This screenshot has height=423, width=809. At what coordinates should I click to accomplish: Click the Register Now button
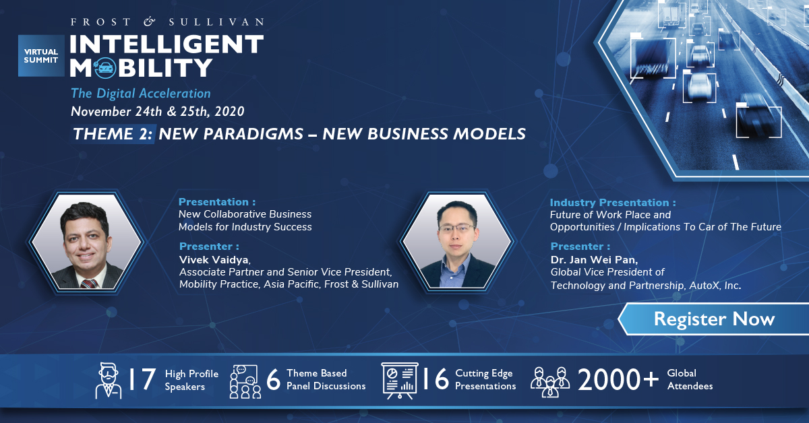coord(714,319)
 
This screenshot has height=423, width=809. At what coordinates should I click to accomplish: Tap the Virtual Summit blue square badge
coord(41,56)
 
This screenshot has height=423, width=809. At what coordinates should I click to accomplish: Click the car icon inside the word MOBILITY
coord(105,68)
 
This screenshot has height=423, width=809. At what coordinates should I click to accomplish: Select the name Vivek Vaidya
coord(214,259)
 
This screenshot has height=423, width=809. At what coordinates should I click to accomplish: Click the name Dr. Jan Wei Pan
coord(594,260)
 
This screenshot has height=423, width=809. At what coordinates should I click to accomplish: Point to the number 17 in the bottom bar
coord(142,379)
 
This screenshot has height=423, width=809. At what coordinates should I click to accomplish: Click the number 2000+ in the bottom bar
coord(618,380)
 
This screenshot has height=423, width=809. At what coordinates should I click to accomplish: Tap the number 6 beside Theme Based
coord(274,380)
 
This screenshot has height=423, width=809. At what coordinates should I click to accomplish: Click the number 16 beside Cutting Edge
coord(436,379)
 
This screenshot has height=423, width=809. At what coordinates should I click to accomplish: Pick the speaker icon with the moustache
coord(109,381)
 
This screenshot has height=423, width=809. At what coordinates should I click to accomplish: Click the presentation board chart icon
coord(399,381)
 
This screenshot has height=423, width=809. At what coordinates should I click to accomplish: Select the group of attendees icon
coord(550,382)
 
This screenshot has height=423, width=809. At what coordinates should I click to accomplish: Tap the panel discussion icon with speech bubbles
coord(245,381)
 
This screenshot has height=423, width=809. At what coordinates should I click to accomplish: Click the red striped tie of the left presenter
coord(89,284)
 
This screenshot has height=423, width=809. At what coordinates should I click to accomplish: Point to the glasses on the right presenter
coord(456,228)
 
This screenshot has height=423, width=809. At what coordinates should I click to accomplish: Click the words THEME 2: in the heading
coord(113,134)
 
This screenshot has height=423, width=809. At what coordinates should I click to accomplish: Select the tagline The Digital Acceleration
coord(141,94)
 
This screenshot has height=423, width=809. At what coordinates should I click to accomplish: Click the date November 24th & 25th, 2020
coord(158,111)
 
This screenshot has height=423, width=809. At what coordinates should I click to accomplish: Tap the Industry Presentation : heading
coord(613,203)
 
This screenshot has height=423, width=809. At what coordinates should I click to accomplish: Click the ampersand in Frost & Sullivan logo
coord(149,22)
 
